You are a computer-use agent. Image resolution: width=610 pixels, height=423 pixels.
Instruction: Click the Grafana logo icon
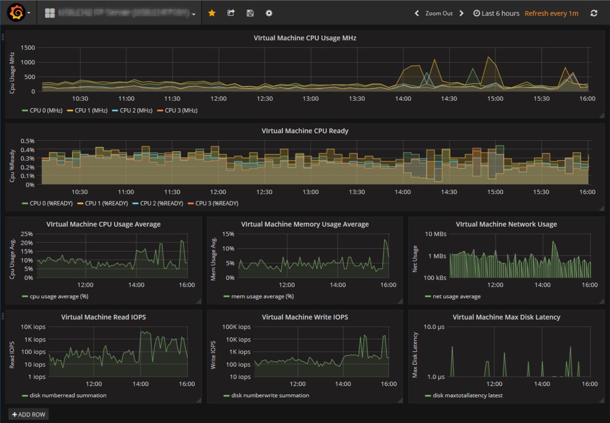click(16, 13)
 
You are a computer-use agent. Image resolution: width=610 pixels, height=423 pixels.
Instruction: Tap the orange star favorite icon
click(212, 13)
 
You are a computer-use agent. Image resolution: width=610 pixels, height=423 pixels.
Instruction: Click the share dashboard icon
click(231, 13)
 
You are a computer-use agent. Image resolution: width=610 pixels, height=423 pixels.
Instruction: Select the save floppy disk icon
click(250, 13)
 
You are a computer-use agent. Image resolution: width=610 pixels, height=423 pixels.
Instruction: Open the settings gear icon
click(269, 13)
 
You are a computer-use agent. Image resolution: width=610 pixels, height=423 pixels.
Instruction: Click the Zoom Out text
click(439, 13)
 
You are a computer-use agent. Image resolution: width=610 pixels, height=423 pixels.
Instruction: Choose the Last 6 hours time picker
click(496, 13)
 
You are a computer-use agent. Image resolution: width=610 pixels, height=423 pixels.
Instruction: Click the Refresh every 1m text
click(552, 13)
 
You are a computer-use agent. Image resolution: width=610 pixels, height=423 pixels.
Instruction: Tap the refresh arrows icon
click(594, 13)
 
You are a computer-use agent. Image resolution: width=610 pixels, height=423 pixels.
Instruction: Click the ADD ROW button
click(28, 414)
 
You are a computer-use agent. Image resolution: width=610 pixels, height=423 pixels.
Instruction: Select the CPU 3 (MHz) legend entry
click(177, 110)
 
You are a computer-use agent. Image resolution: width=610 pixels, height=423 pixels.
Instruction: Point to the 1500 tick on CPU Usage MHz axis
click(27, 48)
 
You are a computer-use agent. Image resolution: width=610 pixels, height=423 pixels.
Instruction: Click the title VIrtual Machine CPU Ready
click(305, 131)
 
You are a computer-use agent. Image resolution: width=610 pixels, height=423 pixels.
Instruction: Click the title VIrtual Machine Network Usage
click(506, 224)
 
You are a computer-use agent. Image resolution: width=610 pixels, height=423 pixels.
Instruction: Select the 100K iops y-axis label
click(237, 327)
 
